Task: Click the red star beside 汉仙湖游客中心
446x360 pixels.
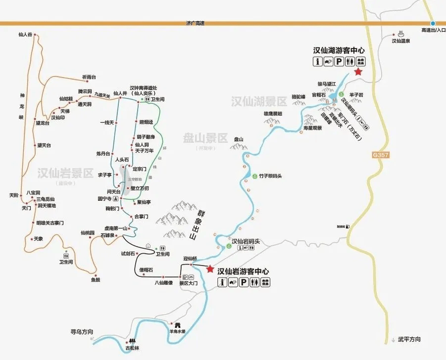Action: coord(358,72)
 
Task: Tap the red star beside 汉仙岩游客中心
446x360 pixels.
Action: coord(210,270)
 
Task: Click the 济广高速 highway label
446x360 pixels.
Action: coord(195,23)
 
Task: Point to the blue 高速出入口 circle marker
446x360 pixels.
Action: coord(433,23)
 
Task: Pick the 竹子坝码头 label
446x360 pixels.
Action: coord(270,176)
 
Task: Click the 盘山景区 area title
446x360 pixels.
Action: coord(205,137)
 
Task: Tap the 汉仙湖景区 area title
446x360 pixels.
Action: coord(259,102)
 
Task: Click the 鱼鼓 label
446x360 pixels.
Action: coord(96,280)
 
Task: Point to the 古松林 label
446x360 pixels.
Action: coord(132,348)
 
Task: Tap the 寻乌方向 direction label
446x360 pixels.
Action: coord(82,331)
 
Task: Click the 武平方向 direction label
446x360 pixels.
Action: coord(409,339)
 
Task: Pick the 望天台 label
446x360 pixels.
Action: coord(44,145)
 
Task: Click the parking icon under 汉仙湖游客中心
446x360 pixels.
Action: coord(339,61)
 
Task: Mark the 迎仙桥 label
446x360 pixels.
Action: coord(190,258)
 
